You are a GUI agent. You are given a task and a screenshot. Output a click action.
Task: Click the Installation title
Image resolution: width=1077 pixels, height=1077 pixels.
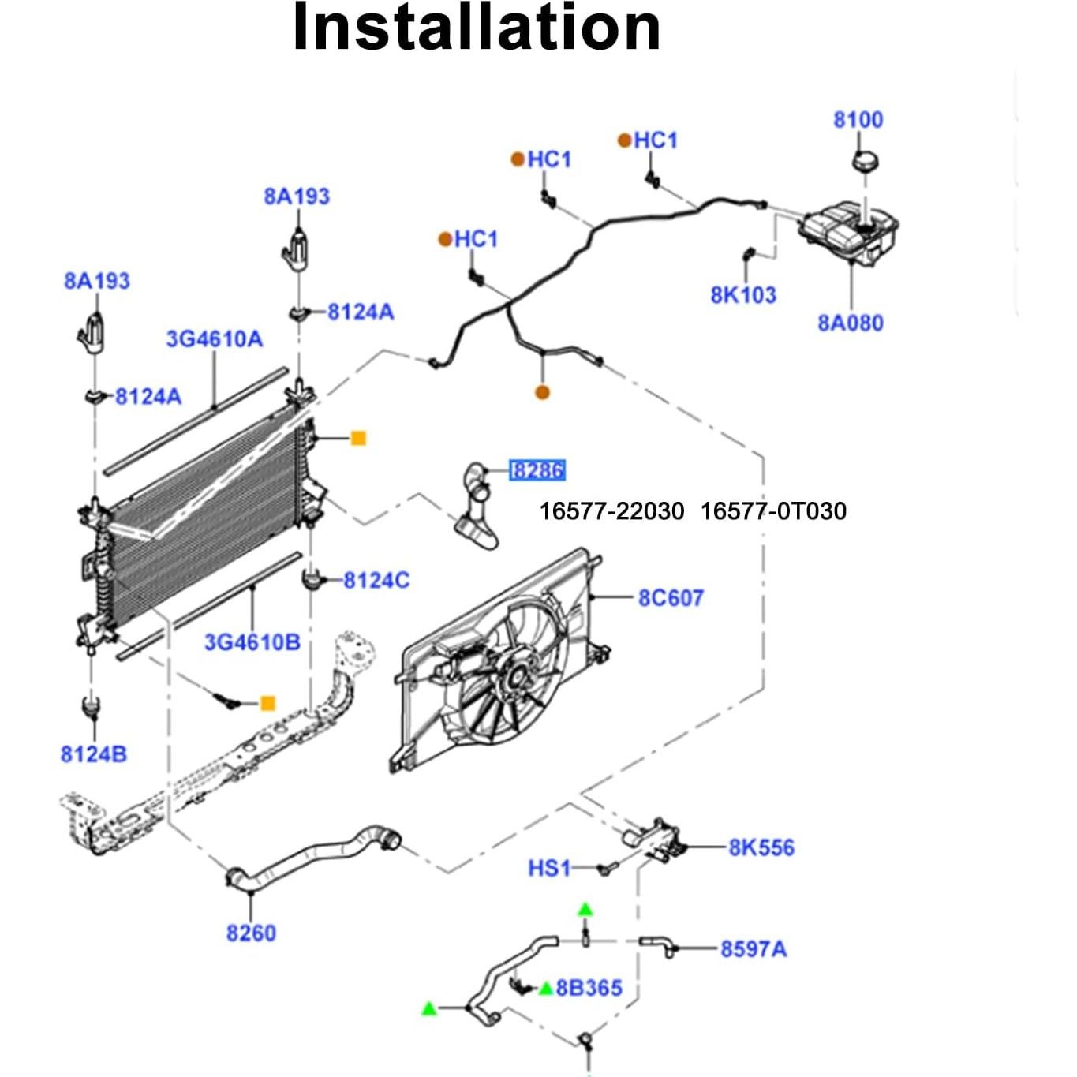(476, 28)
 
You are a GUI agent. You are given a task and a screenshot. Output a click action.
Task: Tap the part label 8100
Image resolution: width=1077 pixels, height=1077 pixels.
(858, 120)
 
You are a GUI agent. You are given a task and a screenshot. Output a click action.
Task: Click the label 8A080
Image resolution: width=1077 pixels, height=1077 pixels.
(850, 323)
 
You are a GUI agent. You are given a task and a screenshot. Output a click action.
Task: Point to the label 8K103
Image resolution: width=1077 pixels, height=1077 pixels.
(743, 295)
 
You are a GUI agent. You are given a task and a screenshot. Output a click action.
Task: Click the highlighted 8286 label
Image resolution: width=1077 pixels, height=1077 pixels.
(537, 471)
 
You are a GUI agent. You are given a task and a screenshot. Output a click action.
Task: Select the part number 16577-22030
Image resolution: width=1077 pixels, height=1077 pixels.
(611, 511)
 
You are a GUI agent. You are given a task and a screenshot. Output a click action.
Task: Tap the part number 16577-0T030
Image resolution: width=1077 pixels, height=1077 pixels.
(773, 511)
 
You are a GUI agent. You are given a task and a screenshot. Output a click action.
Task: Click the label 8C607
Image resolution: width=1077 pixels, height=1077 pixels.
(671, 598)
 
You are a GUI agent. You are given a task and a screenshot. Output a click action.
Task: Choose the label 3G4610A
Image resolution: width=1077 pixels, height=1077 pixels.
(214, 339)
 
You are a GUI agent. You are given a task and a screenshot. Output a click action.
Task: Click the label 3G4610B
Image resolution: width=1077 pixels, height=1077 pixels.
(252, 642)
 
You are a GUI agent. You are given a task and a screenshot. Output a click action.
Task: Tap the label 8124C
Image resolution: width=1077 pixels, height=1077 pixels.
(376, 581)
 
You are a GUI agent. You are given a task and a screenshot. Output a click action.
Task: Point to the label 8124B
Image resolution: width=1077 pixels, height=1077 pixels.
(94, 754)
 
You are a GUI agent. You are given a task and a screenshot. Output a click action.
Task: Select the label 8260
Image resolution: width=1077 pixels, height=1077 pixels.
(251, 933)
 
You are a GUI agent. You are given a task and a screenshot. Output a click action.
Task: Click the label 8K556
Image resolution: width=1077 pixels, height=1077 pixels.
(761, 848)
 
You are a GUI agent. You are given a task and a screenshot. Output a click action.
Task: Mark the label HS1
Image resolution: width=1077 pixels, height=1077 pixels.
(549, 869)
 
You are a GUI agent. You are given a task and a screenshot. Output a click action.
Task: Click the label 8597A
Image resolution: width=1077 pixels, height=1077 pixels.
(754, 949)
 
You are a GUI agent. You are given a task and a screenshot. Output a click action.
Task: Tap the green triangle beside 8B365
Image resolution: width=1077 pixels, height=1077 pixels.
(545, 988)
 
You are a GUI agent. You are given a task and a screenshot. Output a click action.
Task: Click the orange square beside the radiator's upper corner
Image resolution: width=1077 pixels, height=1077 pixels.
(358, 438)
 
